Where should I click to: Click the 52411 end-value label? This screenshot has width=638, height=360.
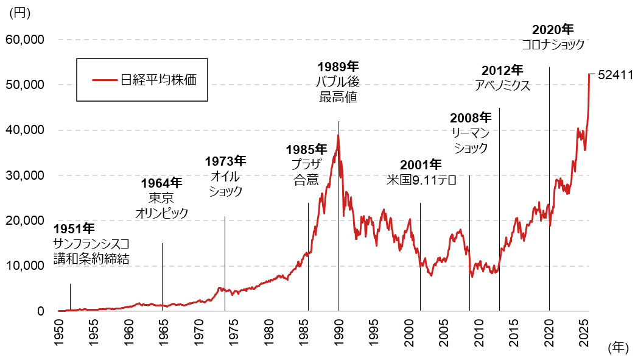point(616,75)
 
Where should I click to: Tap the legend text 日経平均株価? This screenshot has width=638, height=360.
point(158,80)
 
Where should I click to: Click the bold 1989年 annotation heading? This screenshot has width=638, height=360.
point(338,66)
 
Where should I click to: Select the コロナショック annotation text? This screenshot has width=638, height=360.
point(553,45)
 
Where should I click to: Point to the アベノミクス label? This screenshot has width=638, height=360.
point(502,86)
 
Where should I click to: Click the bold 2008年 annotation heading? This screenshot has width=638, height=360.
point(471,117)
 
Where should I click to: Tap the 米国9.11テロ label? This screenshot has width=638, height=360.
point(421,180)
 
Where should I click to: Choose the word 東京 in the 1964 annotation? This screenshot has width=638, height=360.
point(161,198)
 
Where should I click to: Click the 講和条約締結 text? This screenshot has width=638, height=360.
point(91,258)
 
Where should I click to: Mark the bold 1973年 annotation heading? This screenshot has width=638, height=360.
point(225,161)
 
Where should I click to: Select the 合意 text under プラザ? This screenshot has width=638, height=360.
point(306,180)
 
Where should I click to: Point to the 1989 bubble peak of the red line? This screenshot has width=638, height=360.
point(338,135)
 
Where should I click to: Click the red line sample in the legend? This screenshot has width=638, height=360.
point(105,80)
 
